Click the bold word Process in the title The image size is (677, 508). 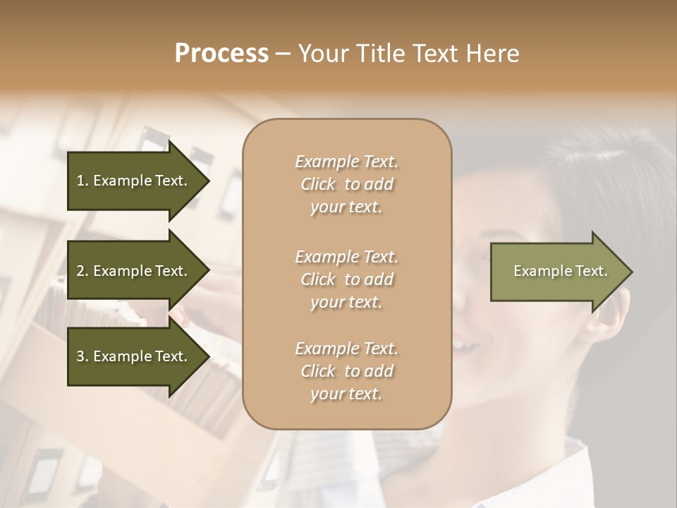tap(221, 54)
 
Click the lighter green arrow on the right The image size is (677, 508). tap(557, 272)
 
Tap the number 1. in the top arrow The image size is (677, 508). tap(83, 181)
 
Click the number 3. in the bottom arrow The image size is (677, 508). tap(83, 356)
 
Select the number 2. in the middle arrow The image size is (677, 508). tap(83, 271)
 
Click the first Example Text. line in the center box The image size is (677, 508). tap(346, 162)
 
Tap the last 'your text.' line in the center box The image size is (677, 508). tap(346, 394)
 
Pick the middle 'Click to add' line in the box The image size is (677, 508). tap(346, 279)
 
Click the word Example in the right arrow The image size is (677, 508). tap(537, 271)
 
